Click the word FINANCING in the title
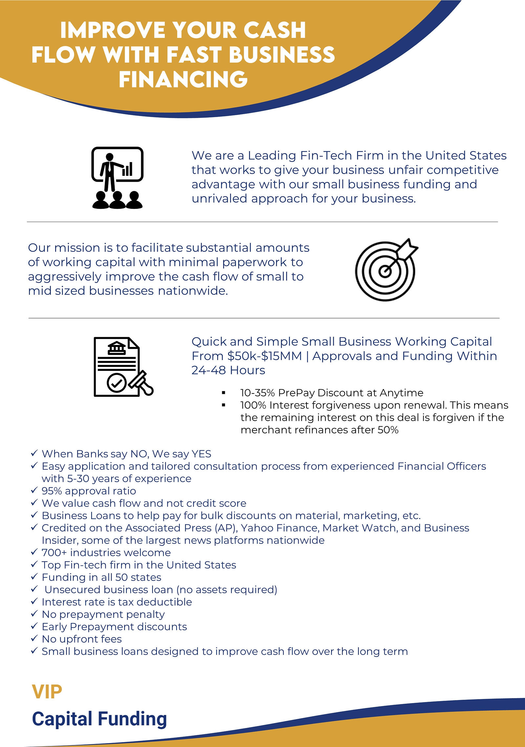tap(183, 79)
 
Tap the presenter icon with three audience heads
tap(117, 178)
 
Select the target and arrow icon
tap(387, 270)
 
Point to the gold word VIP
tap(47, 692)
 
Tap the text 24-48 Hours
tap(228, 370)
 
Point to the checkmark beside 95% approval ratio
tap(34, 491)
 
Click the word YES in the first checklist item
tap(201, 454)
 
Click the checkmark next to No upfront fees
tap(34, 638)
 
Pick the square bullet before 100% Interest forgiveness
tap(224, 405)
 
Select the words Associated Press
tap(168, 528)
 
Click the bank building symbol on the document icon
tap(117, 348)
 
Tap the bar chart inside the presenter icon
tap(127, 169)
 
